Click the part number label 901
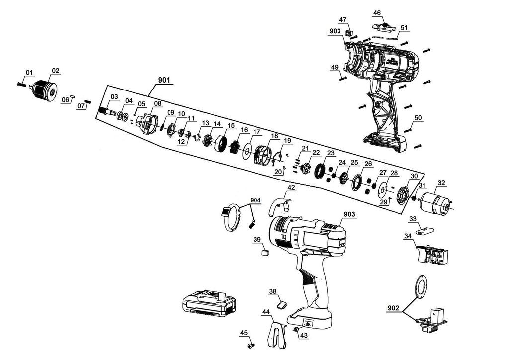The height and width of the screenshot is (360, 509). click(164, 80)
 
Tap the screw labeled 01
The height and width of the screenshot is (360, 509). click(21, 84)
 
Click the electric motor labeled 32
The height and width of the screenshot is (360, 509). click(433, 200)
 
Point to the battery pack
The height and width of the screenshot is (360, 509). click(209, 303)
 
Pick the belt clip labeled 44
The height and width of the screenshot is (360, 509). click(277, 335)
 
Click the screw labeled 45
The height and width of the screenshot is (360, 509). click(251, 346)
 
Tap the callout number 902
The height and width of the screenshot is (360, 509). click(394, 308)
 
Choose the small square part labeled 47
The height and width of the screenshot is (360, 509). click(349, 33)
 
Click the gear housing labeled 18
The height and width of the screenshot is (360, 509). click(263, 156)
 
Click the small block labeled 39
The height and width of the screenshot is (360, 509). click(266, 252)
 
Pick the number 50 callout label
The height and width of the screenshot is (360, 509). click(418, 118)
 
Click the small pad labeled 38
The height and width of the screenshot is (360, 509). click(282, 305)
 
